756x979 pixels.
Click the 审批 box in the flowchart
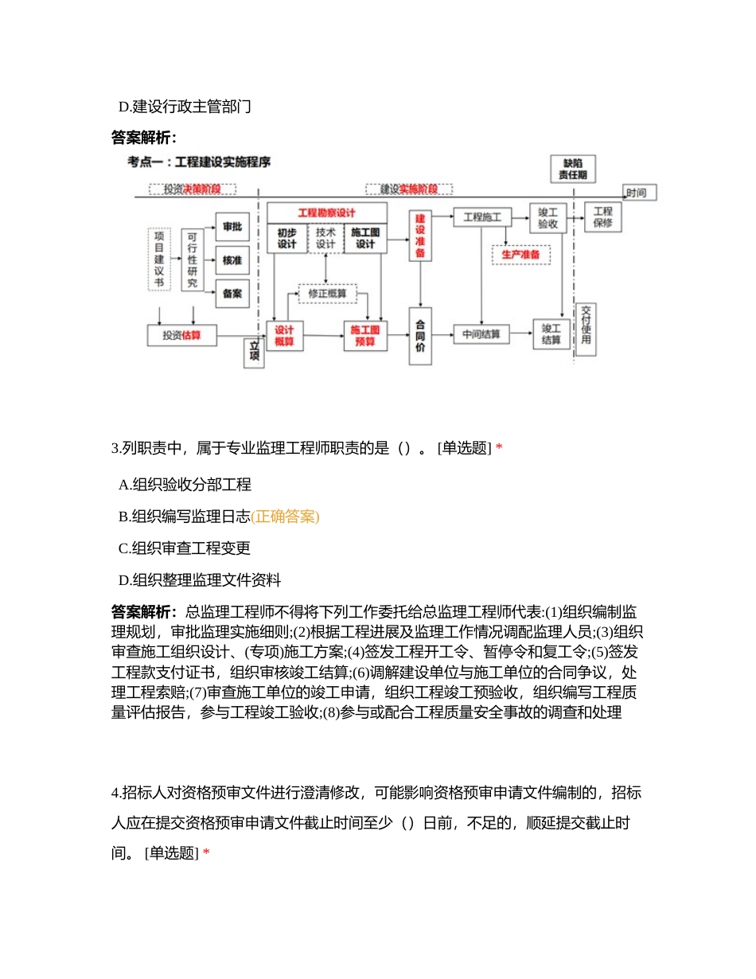click(232, 227)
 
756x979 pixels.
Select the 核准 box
click(232, 260)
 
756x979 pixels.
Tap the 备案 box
click(232, 294)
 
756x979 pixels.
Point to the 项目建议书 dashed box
click(159, 259)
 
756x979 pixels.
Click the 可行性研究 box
click(192, 260)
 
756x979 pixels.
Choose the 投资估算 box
click(181, 335)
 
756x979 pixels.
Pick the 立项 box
click(254, 353)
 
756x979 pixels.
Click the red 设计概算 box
click(285, 335)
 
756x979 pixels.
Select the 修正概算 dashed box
click(327, 293)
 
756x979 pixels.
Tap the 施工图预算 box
click(365, 335)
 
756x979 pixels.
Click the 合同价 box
click(420, 335)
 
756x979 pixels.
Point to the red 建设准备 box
click(420, 236)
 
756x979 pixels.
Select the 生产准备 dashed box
click(520, 255)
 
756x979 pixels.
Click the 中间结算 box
click(481, 334)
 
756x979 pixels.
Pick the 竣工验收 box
click(548, 218)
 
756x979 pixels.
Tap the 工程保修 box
click(602, 216)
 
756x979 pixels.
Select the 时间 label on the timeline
click(641, 193)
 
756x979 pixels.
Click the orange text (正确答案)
click(285, 517)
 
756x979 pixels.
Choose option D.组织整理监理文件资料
click(199, 580)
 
